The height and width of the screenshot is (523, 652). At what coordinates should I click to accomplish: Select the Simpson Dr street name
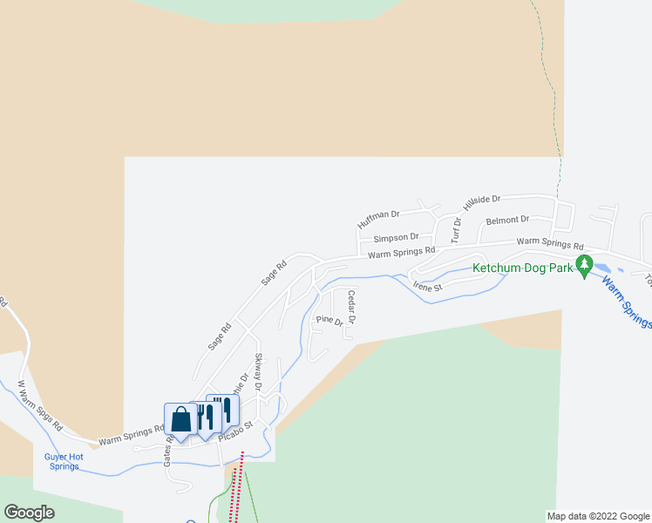(396, 237)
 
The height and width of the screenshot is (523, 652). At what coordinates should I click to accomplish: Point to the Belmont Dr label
(507, 221)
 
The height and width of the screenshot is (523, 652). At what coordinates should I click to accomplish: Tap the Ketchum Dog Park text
(523, 268)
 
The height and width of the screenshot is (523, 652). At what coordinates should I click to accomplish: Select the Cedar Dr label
(351, 307)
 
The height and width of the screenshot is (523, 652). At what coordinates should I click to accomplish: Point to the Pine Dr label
(329, 321)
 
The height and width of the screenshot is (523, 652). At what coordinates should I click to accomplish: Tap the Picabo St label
(235, 431)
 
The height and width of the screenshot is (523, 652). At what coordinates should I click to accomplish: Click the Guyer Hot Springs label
(64, 461)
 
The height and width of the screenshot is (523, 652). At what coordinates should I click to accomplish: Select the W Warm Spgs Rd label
(40, 406)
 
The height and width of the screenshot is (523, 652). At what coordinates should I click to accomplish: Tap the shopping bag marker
(180, 419)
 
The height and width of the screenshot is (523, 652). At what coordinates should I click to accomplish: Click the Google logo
(29, 513)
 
